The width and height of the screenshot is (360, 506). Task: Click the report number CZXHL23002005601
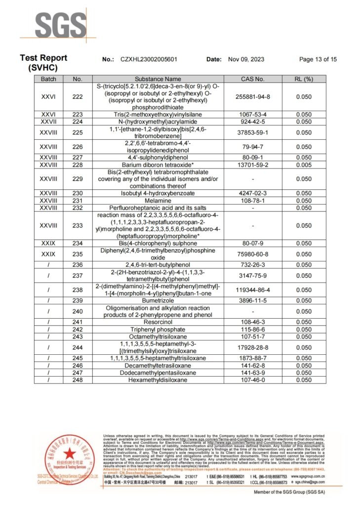click(x=149, y=59)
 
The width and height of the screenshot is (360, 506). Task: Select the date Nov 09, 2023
click(x=246, y=59)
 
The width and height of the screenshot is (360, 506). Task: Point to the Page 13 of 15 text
click(x=318, y=59)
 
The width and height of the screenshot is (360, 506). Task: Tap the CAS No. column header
click(x=253, y=79)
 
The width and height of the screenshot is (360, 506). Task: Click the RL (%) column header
click(x=304, y=79)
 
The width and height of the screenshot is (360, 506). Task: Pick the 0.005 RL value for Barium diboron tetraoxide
click(x=304, y=164)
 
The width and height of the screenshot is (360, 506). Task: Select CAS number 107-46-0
click(x=253, y=380)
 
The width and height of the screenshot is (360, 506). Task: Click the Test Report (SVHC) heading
click(x=43, y=63)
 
